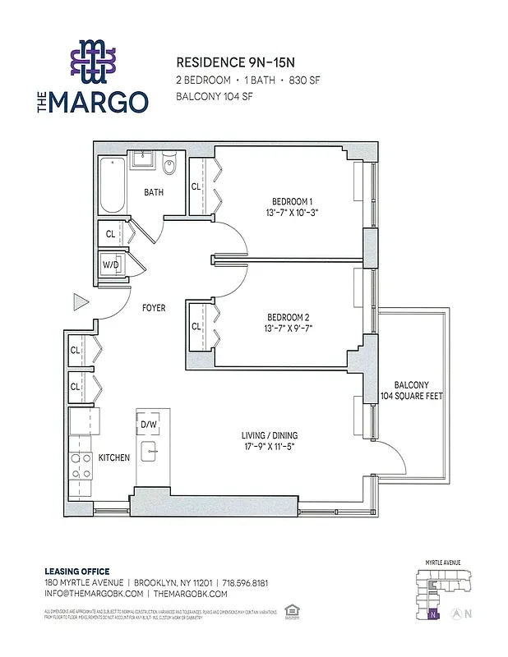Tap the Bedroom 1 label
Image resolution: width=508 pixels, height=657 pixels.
pyautogui.click(x=292, y=202)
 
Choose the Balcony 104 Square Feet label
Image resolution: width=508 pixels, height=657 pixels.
pyautogui.click(x=411, y=390)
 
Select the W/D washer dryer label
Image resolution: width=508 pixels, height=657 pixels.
pyautogui.click(x=109, y=264)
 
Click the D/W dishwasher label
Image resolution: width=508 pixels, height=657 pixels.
pyautogui.click(x=149, y=424)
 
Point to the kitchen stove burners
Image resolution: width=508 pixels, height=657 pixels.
pyautogui.click(x=81, y=466)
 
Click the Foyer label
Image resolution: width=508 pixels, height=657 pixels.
pyautogui.click(x=154, y=308)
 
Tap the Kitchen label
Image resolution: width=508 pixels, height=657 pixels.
pyautogui.click(x=114, y=457)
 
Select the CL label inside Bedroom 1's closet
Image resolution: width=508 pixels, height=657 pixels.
pyautogui.click(x=196, y=186)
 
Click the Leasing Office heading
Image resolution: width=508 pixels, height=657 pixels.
pyautogui.click(x=76, y=572)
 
